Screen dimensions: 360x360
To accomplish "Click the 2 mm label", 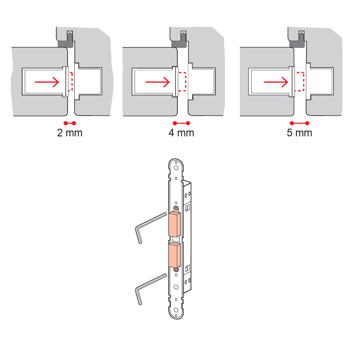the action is pos(70,133).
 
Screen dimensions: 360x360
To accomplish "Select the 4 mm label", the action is pos(181,133).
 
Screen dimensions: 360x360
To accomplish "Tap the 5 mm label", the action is pos(299,133).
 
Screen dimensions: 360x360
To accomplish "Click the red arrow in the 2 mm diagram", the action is pos(47,82).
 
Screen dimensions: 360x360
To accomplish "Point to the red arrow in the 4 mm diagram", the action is pos(158,82).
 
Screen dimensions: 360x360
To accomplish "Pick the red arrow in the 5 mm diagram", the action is pos(276,82).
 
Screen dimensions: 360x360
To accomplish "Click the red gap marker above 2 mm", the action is pos(70,123).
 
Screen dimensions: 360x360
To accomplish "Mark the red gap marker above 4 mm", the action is pos(181,123).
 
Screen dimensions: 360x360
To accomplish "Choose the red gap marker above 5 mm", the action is pos(299,123).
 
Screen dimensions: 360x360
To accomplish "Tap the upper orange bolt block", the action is pos(175,225).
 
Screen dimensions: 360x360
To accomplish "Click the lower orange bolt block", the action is pos(175,255).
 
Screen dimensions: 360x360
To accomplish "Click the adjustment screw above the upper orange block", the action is pos(176,208).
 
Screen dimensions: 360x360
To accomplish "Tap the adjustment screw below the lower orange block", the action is pos(176,269).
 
